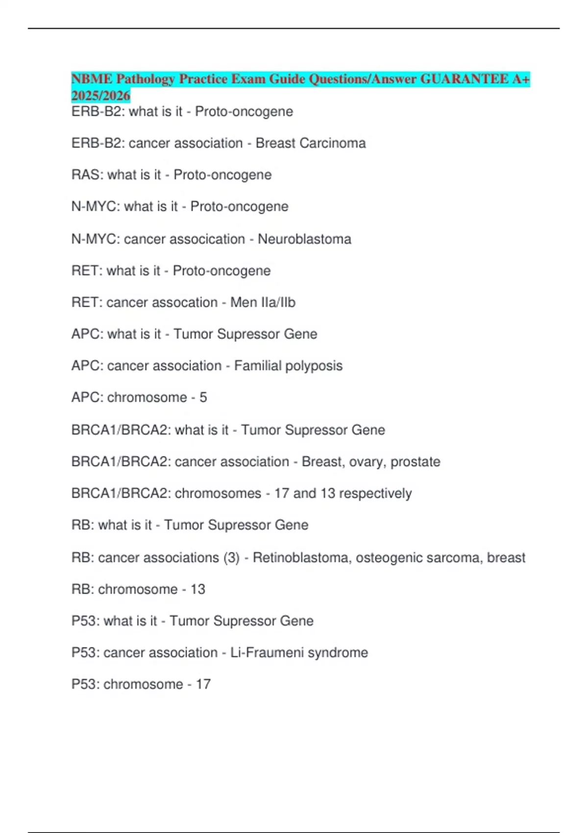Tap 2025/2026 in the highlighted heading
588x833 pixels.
tap(100, 96)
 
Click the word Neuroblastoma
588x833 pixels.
tap(304, 239)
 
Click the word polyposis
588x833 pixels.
tap(314, 366)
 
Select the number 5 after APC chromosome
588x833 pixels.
tap(203, 397)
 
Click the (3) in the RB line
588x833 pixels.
tap(231, 558)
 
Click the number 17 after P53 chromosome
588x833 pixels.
tap(203, 684)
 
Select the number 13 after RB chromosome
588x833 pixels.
tap(197, 589)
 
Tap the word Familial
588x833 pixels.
tap(257, 366)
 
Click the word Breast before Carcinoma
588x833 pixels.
tap(275, 143)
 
